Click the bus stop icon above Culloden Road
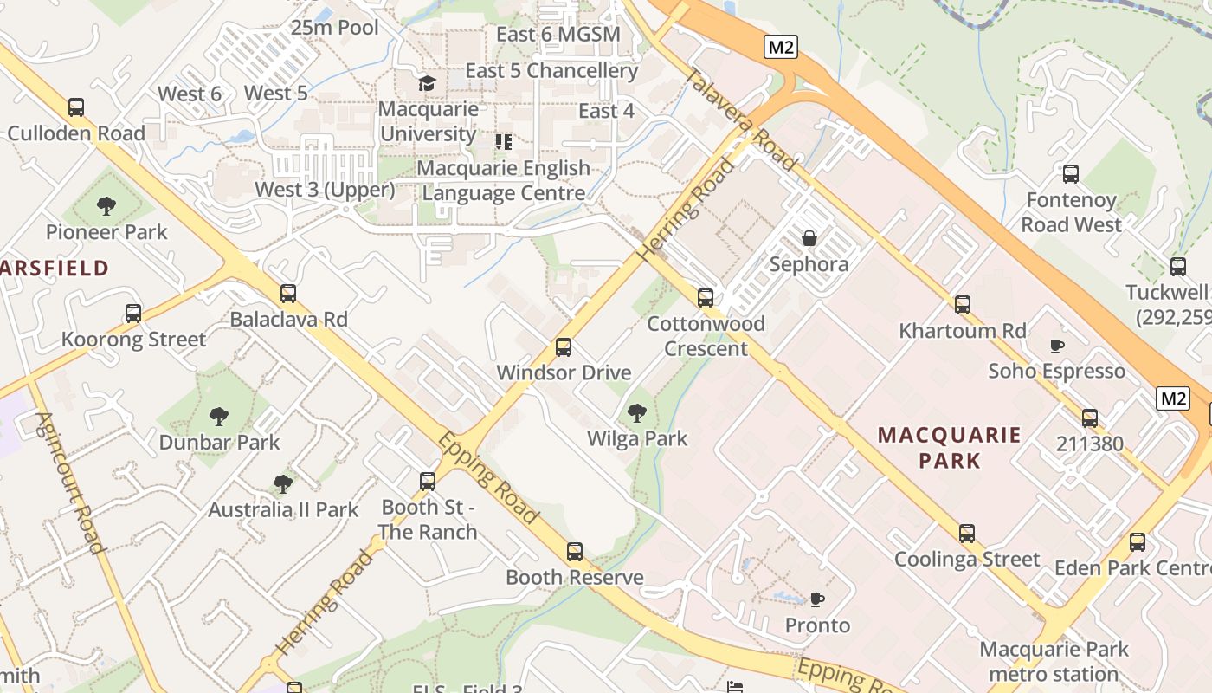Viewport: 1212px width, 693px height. coord(76,107)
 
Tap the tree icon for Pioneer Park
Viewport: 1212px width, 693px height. coord(106,206)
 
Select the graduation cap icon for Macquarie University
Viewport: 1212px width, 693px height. coord(427,83)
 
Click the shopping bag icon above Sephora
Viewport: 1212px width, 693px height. coord(809,238)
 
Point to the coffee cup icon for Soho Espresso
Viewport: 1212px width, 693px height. coord(1057,346)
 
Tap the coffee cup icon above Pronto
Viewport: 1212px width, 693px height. coord(816,599)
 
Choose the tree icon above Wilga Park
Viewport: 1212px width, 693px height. coord(637,413)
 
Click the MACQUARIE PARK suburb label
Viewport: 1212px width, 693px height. coord(950,447)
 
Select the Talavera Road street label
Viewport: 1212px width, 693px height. coord(740,120)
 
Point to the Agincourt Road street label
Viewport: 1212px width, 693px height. coord(70,482)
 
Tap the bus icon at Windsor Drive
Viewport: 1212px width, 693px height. coord(564,347)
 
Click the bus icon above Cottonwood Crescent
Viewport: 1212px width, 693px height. coord(706,298)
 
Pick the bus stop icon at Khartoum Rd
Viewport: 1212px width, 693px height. coord(963,305)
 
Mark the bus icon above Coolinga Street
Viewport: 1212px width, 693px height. coord(967,534)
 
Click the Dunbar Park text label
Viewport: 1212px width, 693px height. coord(219,442)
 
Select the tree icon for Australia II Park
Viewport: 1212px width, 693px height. coord(282,484)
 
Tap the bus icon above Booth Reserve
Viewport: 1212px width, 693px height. coord(575,552)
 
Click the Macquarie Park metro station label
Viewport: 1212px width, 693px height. coord(1054,661)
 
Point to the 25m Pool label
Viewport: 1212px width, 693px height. coord(335,28)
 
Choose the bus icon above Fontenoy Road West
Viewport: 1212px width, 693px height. coord(1071,174)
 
